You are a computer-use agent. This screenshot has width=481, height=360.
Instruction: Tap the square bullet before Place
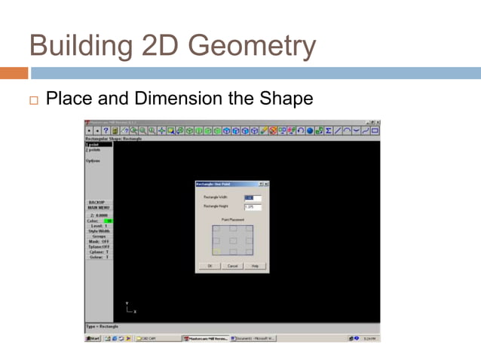click(x=33, y=99)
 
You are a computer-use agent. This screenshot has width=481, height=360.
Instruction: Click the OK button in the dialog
click(x=209, y=266)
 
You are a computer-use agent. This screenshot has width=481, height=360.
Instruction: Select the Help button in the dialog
click(x=255, y=266)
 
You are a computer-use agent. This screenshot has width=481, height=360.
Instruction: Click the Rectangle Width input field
click(x=253, y=199)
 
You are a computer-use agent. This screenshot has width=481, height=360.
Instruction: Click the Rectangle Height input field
click(x=253, y=207)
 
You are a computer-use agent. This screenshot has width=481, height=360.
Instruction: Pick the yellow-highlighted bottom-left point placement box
click(x=216, y=252)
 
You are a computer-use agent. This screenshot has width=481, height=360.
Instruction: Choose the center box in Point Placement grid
click(x=232, y=240)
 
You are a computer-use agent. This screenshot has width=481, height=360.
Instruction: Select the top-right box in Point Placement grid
click(x=249, y=228)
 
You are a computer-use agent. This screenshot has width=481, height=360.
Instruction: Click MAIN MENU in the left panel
click(x=99, y=208)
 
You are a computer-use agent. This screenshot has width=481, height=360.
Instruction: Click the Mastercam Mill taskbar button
click(x=205, y=339)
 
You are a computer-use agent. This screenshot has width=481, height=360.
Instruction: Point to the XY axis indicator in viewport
click(x=130, y=308)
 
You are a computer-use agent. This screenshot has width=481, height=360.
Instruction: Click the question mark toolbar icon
click(x=104, y=130)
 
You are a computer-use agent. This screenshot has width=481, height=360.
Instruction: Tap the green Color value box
click(x=107, y=221)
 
